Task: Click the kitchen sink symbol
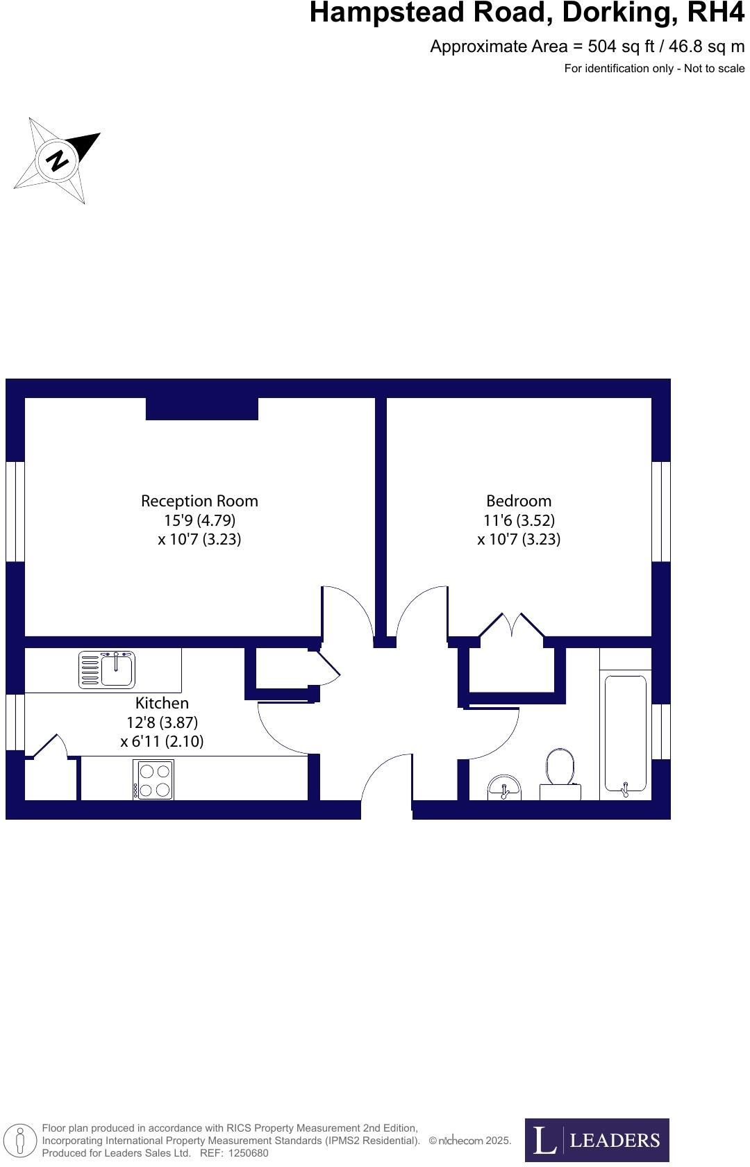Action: [107, 669]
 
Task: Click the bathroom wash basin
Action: [504, 788]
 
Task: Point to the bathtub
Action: [625, 734]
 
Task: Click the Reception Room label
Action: [199, 501]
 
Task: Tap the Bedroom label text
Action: [519, 501]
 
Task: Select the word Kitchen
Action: [162, 703]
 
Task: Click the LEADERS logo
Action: [597, 1140]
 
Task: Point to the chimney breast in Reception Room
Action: [201, 408]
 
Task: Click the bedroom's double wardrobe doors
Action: [512, 624]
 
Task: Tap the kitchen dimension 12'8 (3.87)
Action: [162, 722]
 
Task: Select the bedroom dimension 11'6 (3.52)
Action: [519, 520]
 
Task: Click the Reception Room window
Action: [15, 511]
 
